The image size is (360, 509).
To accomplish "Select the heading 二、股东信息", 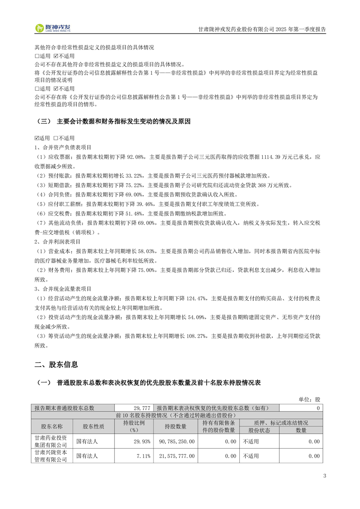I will point(56,364).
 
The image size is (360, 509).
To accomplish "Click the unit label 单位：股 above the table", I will point(309,400).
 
